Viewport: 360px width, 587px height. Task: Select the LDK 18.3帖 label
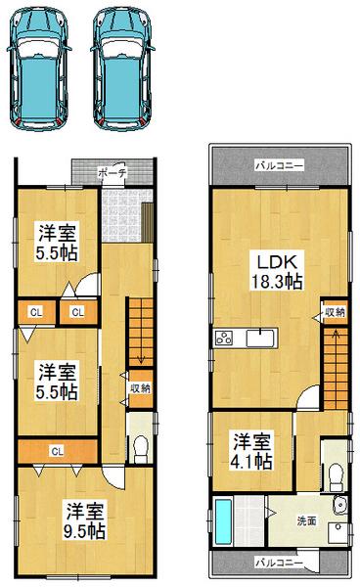tap(279, 271)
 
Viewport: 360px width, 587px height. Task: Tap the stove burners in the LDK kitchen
tap(223, 339)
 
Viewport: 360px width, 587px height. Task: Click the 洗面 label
tap(306, 520)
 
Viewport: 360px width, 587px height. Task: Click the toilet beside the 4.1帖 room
tap(335, 476)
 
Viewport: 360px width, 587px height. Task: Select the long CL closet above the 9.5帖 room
tap(57, 451)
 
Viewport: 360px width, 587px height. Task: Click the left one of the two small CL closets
tap(35, 312)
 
